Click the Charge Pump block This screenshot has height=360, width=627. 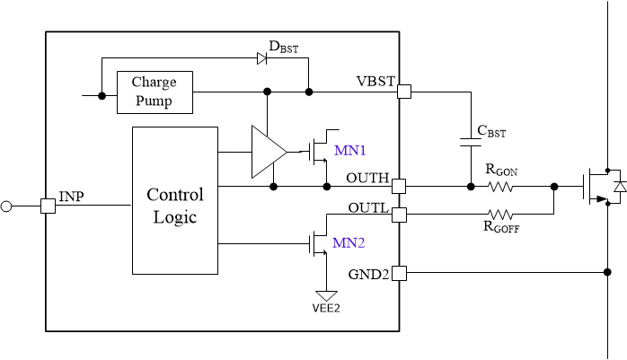click(x=154, y=92)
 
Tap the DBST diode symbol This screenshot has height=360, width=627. click(x=262, y=58)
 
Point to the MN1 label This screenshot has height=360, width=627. click(x=349, y=150)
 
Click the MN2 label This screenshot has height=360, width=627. click(x=349, y=242)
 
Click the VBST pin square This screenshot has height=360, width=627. click(x=404, y=92)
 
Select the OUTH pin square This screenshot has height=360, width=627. click(x=399, y=187)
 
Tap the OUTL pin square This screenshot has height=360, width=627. click(x=399, y=215)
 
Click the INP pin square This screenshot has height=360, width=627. click(x=48, y=206)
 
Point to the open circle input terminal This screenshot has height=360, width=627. click(x=6, y=206)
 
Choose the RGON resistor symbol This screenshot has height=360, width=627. click(x=500, y=187)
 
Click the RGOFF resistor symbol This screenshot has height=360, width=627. click(x=500, y=215)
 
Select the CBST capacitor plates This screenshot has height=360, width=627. click(x=469, y=140)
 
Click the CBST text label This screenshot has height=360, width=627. click(x=491, y=131)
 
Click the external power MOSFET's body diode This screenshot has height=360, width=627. click(x=617, y=187)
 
